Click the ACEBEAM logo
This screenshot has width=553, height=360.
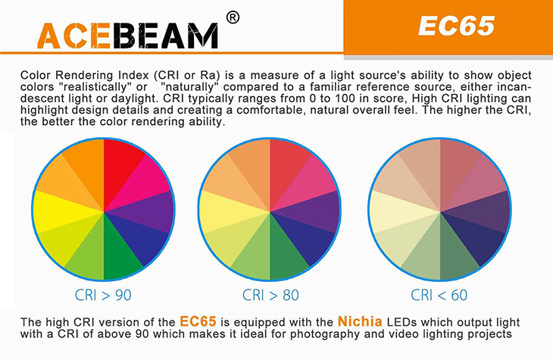(x=127, y=36)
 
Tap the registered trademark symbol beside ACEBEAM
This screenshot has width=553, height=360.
(x=233, y=17)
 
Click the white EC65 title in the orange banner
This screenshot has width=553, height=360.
(x=456, y=26)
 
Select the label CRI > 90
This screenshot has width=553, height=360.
(x=103, y=295)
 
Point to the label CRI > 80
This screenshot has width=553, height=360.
(x=270, y=295)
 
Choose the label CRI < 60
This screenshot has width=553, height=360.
(x=439, y=295)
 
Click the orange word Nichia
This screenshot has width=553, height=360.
(x=360, y=321)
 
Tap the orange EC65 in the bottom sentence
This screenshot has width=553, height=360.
(x=198, y=321)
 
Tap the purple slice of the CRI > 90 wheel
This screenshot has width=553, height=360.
(x=148, y=211)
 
